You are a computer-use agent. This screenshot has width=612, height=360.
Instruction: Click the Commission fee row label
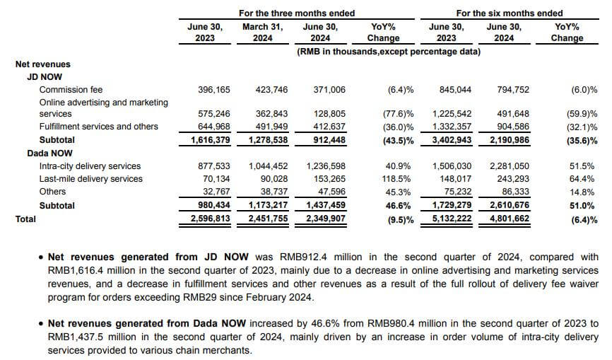click(x=71, y=90)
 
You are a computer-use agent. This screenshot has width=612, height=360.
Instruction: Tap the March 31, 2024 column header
click(x=262, y=32)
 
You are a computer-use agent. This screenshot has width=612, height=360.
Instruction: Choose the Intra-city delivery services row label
click(x=90, y=166)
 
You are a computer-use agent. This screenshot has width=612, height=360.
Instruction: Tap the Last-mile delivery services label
click(x=90, y=179)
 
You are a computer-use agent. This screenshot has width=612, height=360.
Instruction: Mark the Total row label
click(x=25, y=219)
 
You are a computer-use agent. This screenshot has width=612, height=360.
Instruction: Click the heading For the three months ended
click(x=297, y=13)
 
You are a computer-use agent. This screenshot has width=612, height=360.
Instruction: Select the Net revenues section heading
click(x=43, y=64)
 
